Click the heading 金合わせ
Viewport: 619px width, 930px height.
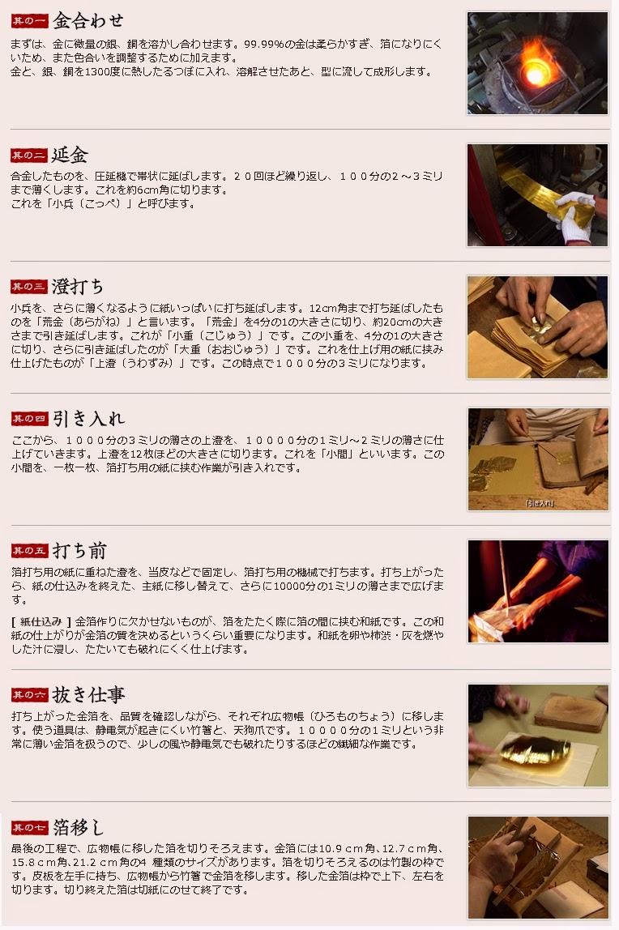tap(88, 21)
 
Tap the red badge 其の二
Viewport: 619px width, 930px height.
tap(28, 156)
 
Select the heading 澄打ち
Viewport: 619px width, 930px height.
tap(78, 287)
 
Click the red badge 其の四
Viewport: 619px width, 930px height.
tap(29, 420)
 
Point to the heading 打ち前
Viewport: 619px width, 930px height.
tap(79, 550)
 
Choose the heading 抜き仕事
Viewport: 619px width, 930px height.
tap(88, 694)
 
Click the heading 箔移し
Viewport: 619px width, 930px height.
tap(79, 827)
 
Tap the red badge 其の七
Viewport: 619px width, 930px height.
tap(29, 827)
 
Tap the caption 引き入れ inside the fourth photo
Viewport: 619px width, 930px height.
tap(539, 504)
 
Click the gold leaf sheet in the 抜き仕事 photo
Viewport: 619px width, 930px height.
tap(535, 749)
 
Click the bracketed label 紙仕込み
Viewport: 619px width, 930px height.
tap(41, 621)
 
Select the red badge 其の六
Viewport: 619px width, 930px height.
tap(29, 695)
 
